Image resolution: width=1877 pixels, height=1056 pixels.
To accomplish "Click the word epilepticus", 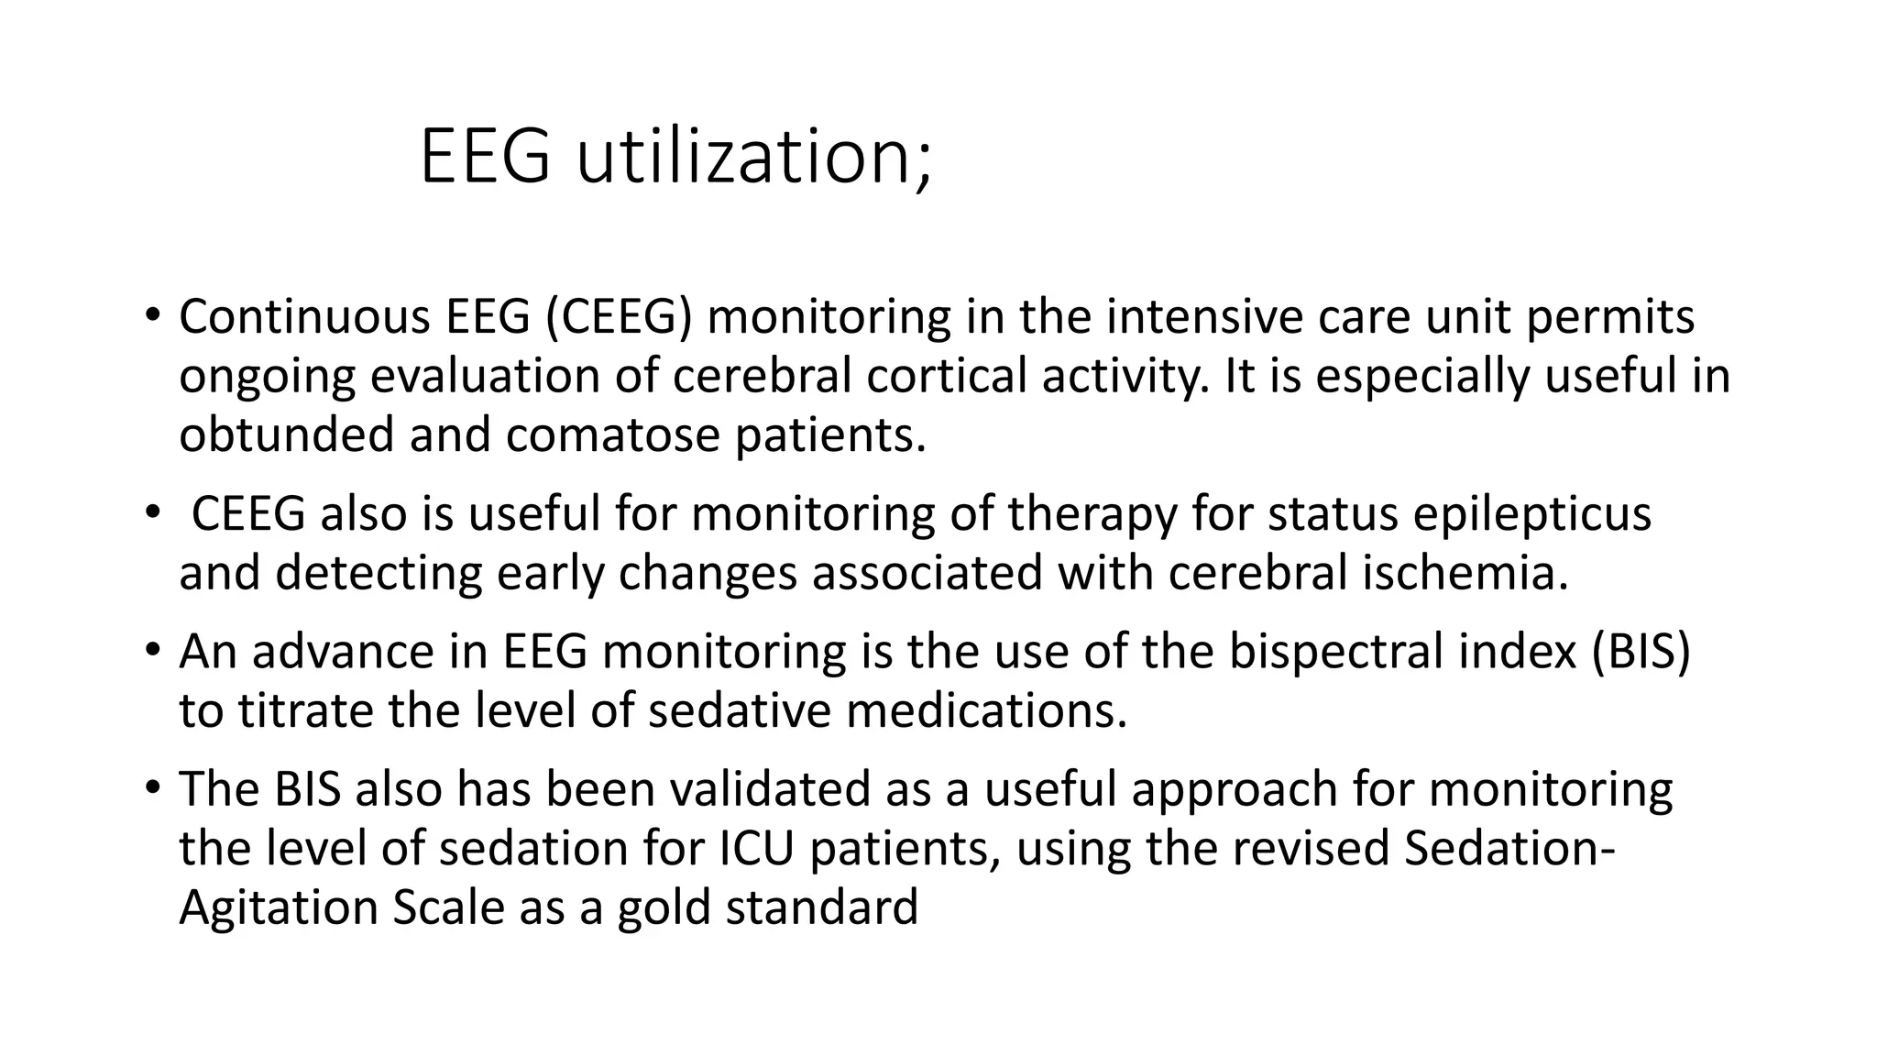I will click(x=1531, y=513).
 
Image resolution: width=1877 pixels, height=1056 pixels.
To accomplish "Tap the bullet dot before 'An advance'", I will click(x=151, y=650).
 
